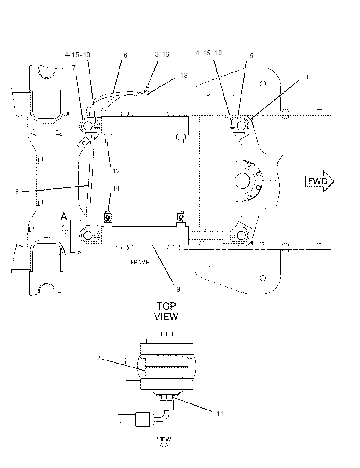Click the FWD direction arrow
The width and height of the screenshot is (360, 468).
[x=319, y=181]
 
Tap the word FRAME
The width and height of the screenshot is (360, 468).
[x=140, y=263]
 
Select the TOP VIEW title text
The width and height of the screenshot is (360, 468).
[x=166, y=311]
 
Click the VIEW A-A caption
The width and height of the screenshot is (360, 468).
[x=164, y=442]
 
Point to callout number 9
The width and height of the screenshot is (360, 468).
[x=178, y=289]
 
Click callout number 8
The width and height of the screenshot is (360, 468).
[x=17, y=191]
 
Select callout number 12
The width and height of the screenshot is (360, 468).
[x=116, y=171]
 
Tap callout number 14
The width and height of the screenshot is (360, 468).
[x=116, y=188]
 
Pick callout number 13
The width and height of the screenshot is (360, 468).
[x=184, y=75]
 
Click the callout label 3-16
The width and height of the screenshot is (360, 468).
[x=162, y=54]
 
